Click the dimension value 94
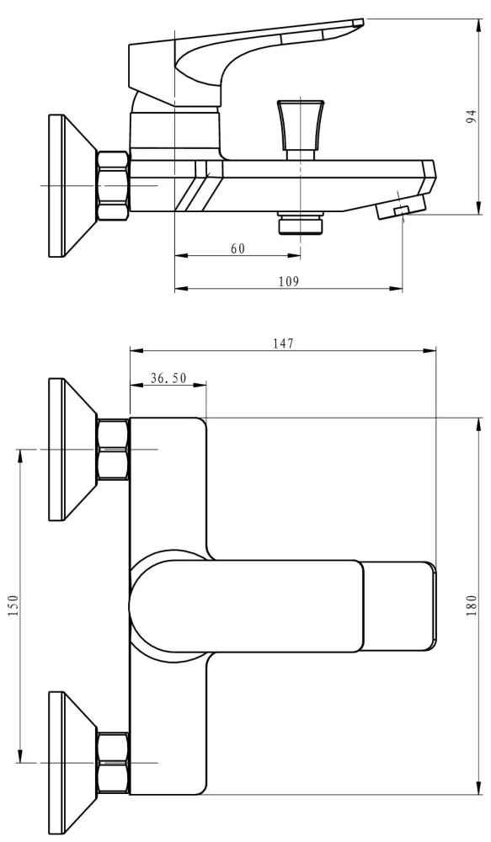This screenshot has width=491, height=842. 471,116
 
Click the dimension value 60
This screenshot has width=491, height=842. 238,248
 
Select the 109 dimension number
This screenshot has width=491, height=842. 289,281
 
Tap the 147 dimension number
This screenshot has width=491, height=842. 283,344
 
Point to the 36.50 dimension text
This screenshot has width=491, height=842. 168,378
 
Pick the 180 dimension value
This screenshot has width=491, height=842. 471,605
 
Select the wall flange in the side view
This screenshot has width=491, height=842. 72,185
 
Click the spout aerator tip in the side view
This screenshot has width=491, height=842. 401,207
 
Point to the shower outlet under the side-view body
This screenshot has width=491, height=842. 301,223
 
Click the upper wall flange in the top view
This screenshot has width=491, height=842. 72,449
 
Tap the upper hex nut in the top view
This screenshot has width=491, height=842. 114,449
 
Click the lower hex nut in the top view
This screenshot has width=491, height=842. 114,763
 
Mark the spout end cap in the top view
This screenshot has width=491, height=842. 398,606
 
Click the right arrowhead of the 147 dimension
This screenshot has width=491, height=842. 430,351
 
